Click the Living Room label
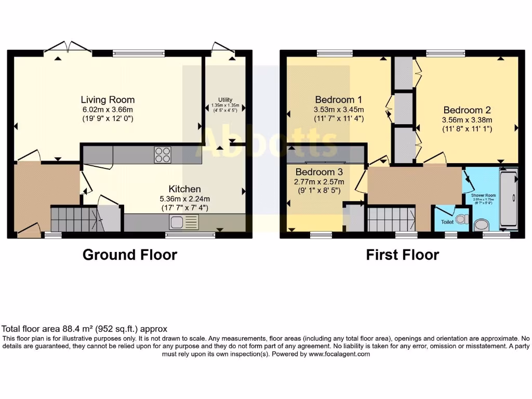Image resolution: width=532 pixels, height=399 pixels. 108,100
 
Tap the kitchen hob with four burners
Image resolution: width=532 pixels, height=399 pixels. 162,154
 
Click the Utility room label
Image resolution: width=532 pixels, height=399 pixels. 225,100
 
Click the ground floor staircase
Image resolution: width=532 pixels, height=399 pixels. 72,219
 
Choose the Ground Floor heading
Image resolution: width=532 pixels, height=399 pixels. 130,255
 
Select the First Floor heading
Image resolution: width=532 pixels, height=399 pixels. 402,255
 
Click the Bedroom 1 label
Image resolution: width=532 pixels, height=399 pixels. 338,100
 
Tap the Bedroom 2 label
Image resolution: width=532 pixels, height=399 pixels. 467,110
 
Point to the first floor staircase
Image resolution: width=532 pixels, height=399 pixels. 391,218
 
